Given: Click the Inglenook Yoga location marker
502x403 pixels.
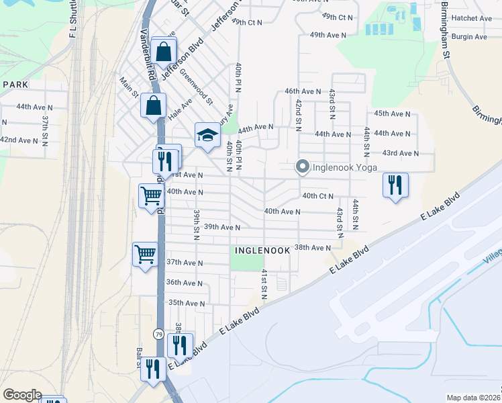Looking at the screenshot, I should pos(302,167).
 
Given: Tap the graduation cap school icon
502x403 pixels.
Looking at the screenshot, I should pos(207,136).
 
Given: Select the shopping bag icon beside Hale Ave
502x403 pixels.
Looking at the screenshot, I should pos(154,105).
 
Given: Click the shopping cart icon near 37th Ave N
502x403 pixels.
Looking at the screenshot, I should pos(146,255).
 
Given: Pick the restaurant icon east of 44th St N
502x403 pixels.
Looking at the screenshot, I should pos(395,185).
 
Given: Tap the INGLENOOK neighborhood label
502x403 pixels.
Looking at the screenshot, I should pos(262,250).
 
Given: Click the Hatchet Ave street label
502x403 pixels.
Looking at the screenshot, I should pos(471,18).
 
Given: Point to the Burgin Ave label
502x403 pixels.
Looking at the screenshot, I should pos(469,37).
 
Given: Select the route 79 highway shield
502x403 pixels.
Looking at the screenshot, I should pos(158,334).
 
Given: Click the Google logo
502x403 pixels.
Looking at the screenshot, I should pos(22,395).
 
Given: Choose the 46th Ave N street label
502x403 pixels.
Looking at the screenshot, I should pos(303,91).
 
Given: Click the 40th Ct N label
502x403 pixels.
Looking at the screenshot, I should pos(318,196).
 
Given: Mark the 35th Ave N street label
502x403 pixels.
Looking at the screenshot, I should pos(186,303).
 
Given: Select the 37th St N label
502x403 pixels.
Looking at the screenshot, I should pos(46,126).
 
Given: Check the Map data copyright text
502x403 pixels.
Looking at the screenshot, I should pos(473,398).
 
